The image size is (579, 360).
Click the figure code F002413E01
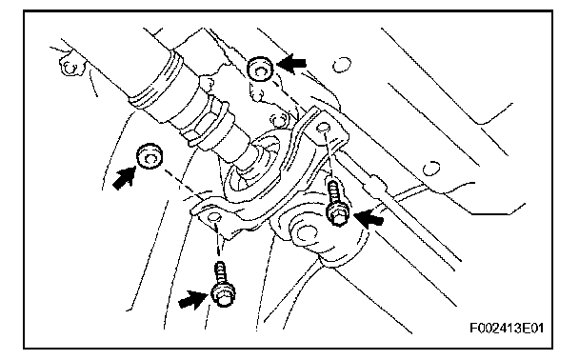[507, 328]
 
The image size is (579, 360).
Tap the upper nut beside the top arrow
[260, 69]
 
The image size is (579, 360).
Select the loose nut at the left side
[150, 156]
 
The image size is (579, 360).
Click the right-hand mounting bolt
[336, 202]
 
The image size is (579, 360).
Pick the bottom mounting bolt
[222, 285]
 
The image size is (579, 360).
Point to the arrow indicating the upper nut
[291, 64]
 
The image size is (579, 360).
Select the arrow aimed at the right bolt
[369, 217]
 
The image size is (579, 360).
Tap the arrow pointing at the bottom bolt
[192, 299]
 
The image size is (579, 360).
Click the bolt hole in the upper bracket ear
[324, 128]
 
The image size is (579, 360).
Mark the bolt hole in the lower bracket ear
[214, 217]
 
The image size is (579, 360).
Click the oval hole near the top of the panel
[342, 65]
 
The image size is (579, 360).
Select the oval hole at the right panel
[431, 169]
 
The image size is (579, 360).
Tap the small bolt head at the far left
[69, 67]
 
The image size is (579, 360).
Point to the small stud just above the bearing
[277, 120]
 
